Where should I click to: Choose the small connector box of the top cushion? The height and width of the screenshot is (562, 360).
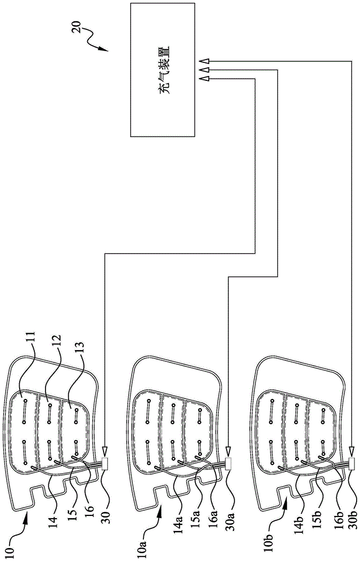105,464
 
